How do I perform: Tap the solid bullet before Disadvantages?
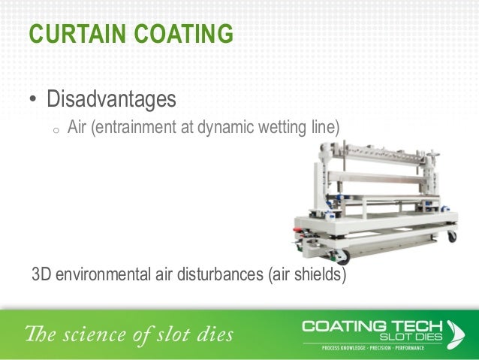(33, 100)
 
